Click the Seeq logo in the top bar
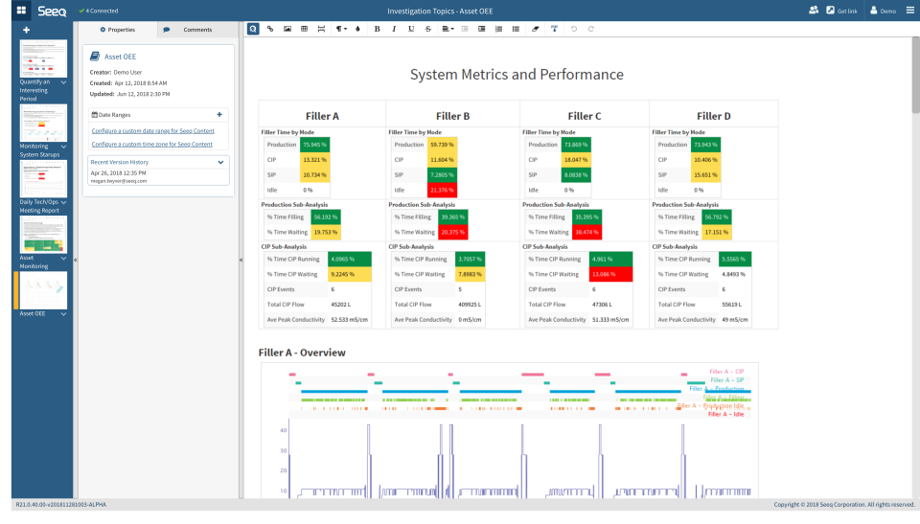[x=52, y=11]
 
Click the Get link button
[x=840, y=11]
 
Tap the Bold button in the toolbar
[x=377, y=29]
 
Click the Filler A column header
[x=322, y=116]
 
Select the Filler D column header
[x=713, y=116]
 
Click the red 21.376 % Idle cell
[x=441, y=190]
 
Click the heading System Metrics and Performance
[x=517, y=75]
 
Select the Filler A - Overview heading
[x=302, y=353]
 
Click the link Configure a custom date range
[x=152, y=130]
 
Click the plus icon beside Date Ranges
[x=219, y=114]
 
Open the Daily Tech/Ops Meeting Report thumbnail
[x=43, y=178]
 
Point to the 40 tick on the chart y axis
[x=283, y=429]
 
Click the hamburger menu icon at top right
[x=909, y=11]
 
